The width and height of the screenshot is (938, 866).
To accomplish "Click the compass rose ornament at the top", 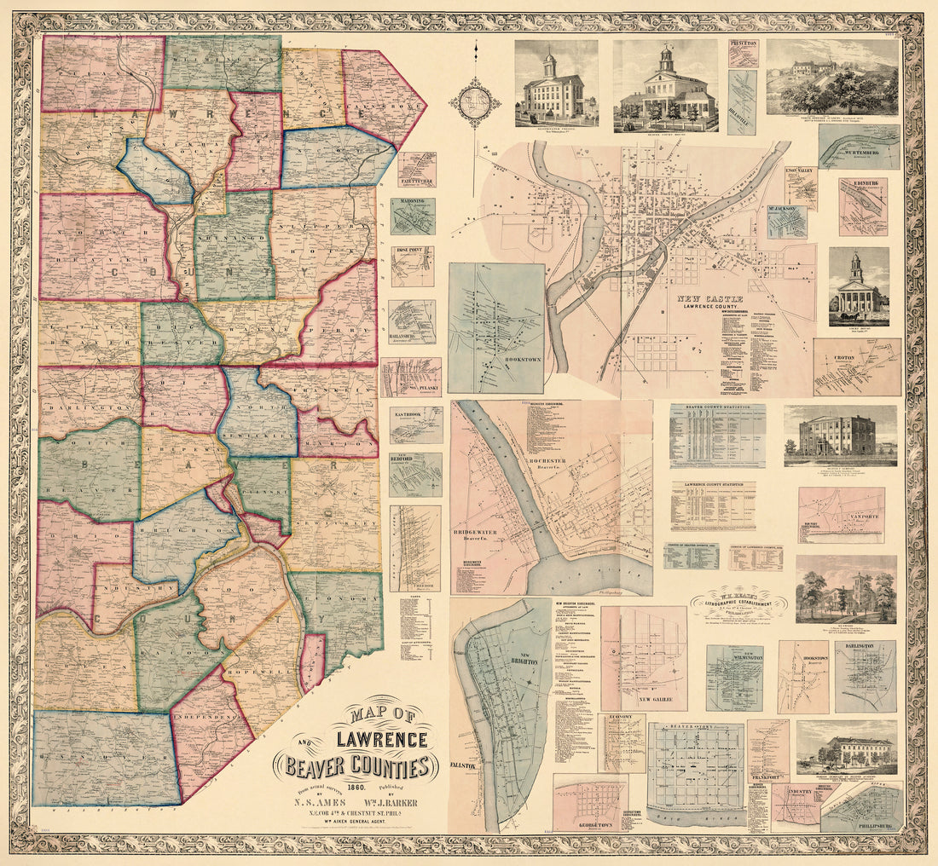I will click(x=475, y=103).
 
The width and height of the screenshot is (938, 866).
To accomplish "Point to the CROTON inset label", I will click(x=857, y=357).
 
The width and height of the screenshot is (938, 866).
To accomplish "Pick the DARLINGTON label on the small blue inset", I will click(x=866, y=647).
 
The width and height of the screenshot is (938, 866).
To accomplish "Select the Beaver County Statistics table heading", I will click(x=716, y=410).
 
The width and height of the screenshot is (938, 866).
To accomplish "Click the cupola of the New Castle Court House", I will click(x=857, y=267).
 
